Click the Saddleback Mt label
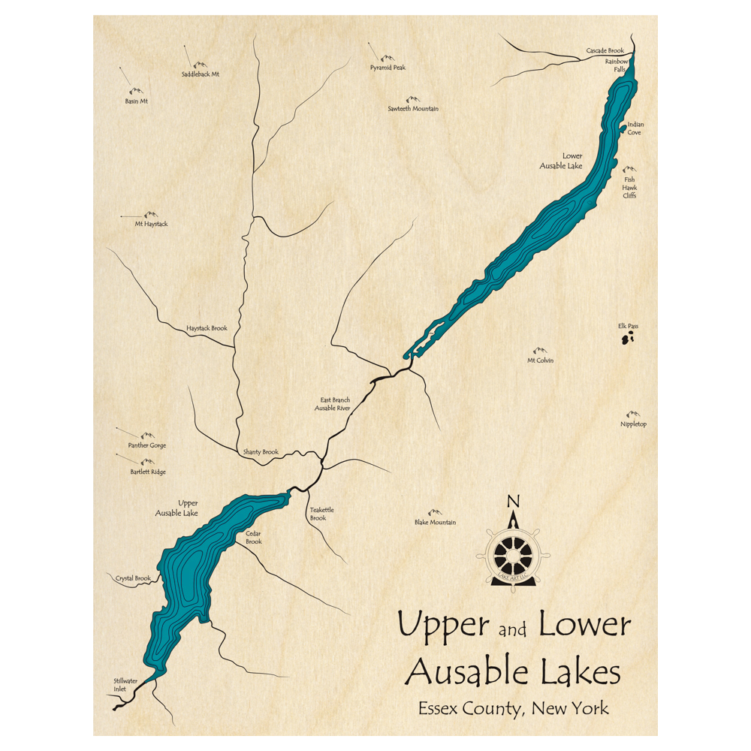pos(201,74)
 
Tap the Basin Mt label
pos(137,101)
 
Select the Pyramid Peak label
pos(388,68)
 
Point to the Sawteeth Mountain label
pos(413,109)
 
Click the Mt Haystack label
pos(151,224)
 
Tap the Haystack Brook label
pos(207,328)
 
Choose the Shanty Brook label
pos(261,452)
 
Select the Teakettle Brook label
pos(321,514)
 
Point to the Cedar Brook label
pos(254,538)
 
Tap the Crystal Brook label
pos(133,579)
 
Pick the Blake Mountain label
pos(435,523)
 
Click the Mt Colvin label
pos(540,360)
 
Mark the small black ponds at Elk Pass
pos(626,340)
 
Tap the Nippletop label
pos(633,424)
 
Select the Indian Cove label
pos(635,128)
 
